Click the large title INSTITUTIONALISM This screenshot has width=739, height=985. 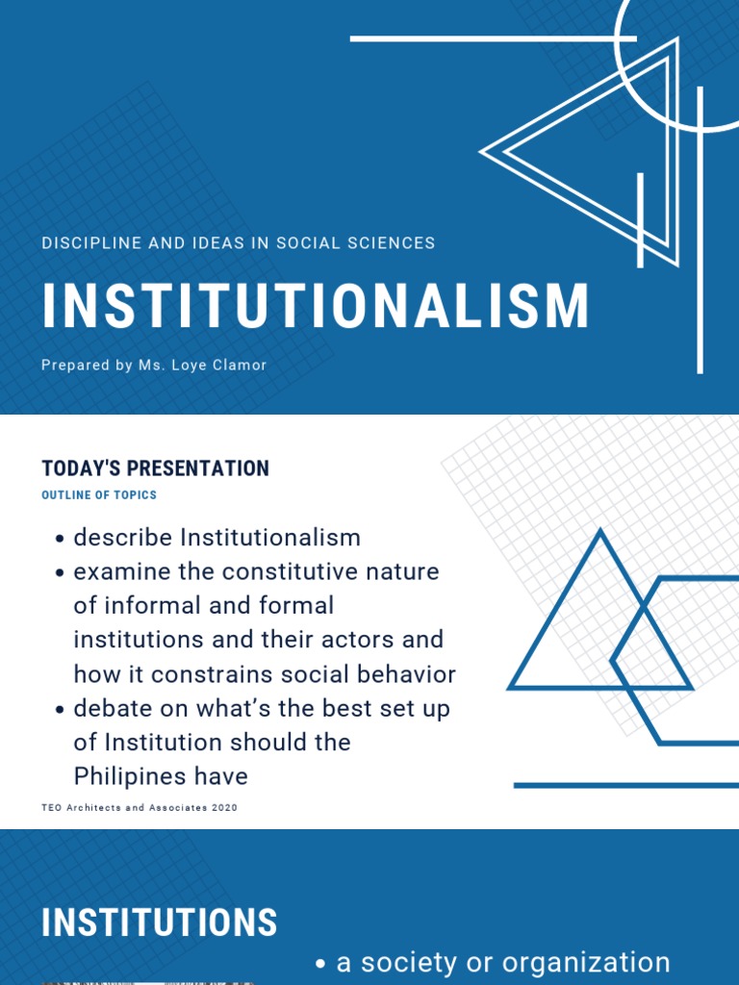pyautogui.click(x=316, y=307)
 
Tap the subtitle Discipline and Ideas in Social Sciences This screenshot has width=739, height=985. pyautogui.click(x=239, y=243)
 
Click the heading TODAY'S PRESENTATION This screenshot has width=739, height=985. pyautogui.click(x=156, y=468)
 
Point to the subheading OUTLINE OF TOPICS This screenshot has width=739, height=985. pyautogui.click(x=99, y=495)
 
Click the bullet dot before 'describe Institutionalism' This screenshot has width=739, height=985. pyautogui.click(x=60, y=539)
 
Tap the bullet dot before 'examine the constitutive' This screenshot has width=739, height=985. pyautogui.click(x=60, y=573)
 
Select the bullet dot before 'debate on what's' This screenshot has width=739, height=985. pyautogui.click(x=60, y=710)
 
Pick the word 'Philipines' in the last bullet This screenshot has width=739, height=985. pyautogui.click(x=161, y=776)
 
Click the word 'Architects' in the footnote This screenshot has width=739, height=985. pyautogui.click(x=98, y=808)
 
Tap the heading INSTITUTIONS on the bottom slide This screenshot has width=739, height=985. pyautogui.click(x=160, y=923)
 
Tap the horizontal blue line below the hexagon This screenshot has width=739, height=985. pyautogui.click(x=625, y=786)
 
